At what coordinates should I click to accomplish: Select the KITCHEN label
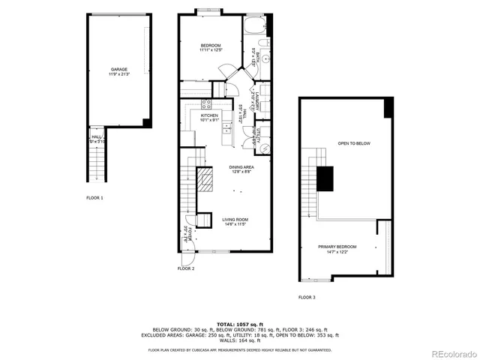[x=208, y=115]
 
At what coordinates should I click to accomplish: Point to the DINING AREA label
[x=241, y=166]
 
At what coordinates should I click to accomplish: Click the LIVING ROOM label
[x=235, y=220]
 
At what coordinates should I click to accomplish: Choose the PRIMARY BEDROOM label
[x=337, y=247]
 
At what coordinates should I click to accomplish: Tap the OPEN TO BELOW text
[x=353, y=143]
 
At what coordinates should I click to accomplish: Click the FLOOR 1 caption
[x=94, y=198]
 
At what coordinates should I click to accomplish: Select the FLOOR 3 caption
[x=307, y=298]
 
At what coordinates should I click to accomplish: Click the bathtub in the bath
[x=253, y=30]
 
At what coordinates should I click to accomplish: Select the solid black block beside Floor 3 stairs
[x=324, y=179]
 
